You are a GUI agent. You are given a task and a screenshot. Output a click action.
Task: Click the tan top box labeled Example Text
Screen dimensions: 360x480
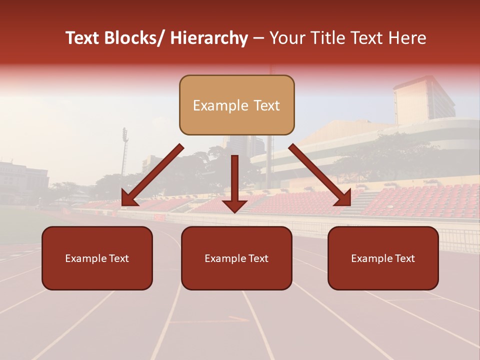[x=236, y=105]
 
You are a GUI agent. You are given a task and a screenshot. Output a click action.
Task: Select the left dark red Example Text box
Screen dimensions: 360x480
[x=97, y=258]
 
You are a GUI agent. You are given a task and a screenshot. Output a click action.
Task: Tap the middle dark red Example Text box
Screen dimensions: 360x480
[x=236, y=258]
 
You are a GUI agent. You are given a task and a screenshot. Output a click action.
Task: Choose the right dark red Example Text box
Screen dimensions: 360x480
[x=383, y=258]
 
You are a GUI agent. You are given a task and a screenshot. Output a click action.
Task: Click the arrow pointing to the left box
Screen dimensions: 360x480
[x=152, y=175]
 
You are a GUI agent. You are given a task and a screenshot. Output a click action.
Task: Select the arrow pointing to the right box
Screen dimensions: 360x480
[x=320, y=175]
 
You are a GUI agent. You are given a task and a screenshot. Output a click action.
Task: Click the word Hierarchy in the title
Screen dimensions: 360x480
[x=208, y=38]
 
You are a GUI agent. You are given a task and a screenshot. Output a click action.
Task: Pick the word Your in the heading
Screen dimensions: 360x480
[x=286, y=38]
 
